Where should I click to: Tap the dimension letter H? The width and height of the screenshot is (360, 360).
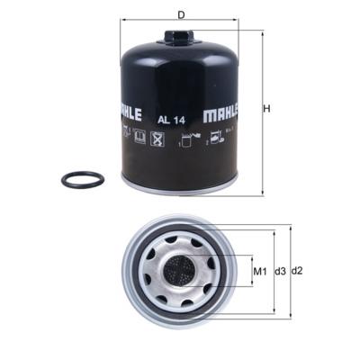(267, 109)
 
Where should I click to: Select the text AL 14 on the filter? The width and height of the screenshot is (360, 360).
(172, 117)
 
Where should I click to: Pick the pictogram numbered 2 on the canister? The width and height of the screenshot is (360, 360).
(216, 139)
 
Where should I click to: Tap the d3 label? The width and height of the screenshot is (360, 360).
(281, 271)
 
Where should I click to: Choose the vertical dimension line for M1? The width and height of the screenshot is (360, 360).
(249, 271)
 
